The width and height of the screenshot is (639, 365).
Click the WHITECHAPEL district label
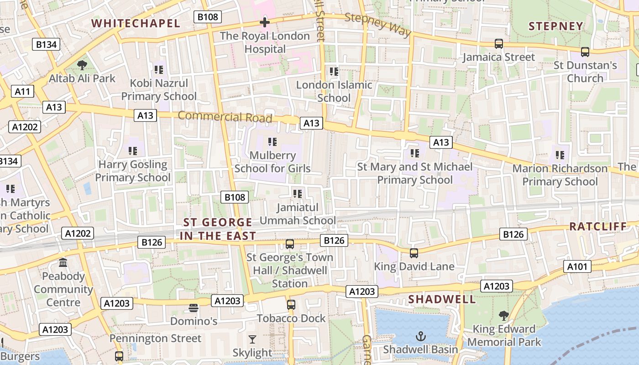tap(136, 23)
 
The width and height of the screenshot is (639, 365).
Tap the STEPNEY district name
tap(556, 26)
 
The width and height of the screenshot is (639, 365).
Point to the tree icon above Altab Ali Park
tap(82, 65)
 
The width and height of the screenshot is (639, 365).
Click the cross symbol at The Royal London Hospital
tap(265, 22)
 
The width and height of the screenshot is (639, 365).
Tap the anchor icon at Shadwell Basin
tap(420, 337)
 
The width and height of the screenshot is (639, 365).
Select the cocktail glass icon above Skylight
tap(252, 339)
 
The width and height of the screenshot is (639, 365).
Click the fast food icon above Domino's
tap(194, 308)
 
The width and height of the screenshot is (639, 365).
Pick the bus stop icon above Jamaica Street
tap(499, 44)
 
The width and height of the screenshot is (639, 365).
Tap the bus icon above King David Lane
tap(414, 253)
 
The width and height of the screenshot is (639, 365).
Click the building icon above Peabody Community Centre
tap(63, 263)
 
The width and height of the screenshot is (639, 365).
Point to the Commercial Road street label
tap(225, 117)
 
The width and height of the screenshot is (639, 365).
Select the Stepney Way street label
tap(378, 25)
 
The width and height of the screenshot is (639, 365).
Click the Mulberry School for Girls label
tap(272, 162)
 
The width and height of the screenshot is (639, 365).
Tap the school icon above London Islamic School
tap(334, 72)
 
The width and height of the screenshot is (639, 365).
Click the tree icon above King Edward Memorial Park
tap(504, 315)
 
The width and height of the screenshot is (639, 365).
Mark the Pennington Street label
tap(155, 339)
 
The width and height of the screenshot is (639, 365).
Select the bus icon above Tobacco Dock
tap(291, 304)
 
